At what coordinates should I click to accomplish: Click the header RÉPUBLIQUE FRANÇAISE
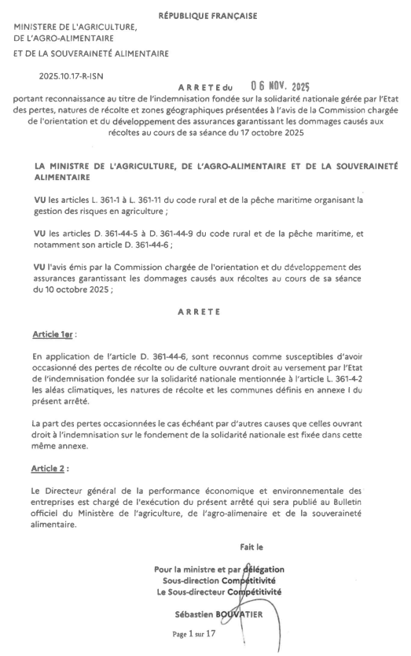[207, 16]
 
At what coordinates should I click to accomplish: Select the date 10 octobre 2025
[69, 289]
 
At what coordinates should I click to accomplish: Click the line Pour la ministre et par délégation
[219, 569]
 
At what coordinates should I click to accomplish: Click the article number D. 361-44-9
[172, 234]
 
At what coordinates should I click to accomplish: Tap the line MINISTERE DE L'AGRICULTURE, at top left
[75, 28]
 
